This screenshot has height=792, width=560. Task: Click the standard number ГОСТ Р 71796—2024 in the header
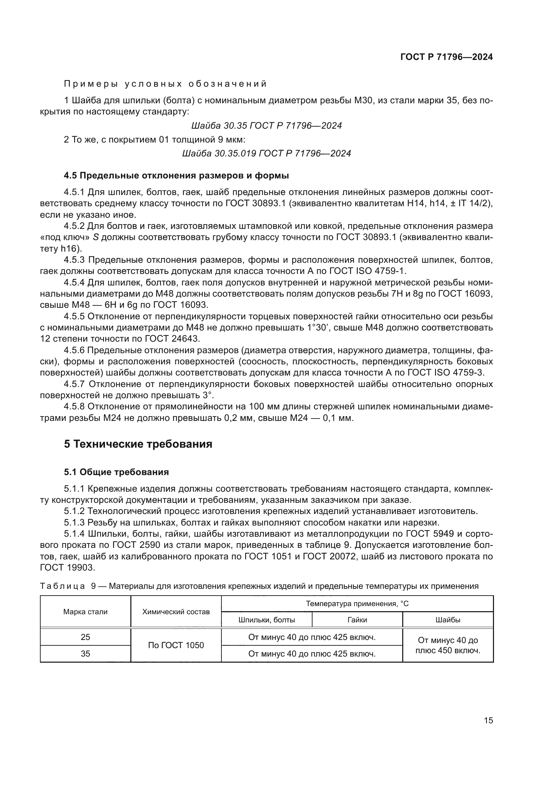446,57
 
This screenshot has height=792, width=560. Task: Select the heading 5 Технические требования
138,444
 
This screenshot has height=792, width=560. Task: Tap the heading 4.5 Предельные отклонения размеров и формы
176,176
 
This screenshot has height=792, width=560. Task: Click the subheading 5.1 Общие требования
116,472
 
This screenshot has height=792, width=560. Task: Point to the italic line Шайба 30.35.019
266,153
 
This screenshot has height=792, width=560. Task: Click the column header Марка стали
85,612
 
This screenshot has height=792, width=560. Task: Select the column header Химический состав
176,612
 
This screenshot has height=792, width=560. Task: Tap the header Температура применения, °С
357,603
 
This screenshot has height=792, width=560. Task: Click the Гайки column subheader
357,620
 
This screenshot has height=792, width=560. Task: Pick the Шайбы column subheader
448,620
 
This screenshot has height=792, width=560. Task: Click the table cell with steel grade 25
85,637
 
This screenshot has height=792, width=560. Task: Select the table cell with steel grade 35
85,653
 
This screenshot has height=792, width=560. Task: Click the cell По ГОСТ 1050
176,645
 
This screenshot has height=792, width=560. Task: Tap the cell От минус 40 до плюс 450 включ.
448,645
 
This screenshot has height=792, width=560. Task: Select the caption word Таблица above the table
62,586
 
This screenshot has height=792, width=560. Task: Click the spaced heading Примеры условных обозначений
166,84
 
